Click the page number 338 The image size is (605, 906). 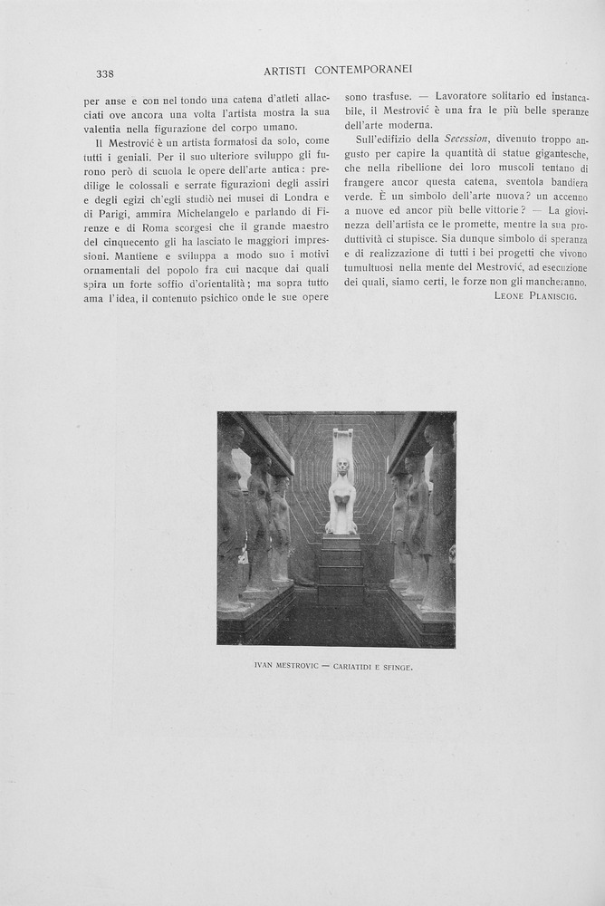104,73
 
